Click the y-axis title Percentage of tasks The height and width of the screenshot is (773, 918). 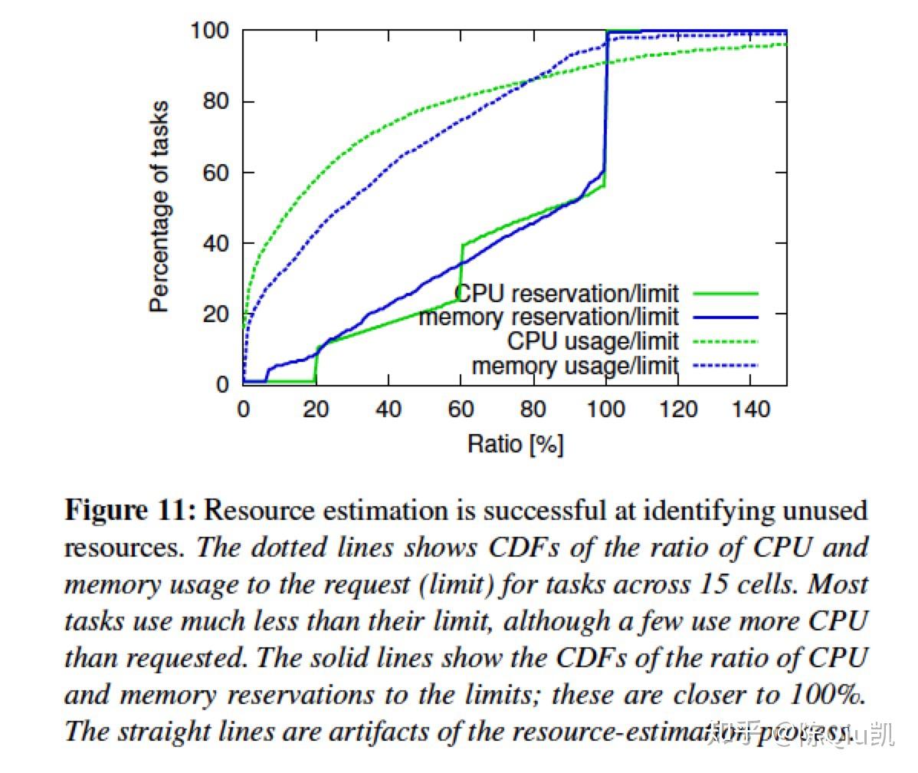tap(159, 207)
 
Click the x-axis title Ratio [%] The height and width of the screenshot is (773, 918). tap(515, 443)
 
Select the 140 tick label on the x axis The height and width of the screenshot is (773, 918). tap(751, 409)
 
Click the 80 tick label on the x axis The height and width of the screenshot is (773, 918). tap(533, 409)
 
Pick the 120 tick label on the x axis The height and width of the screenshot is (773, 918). tap(678, 409)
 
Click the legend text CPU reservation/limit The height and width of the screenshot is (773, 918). tap(567, 293)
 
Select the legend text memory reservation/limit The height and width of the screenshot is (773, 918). tap(549, 316)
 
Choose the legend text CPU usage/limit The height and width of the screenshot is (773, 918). tap(592, 340)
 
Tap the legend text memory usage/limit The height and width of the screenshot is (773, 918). tap(575, 365)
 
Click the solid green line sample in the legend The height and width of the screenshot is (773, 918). tap(725, 293)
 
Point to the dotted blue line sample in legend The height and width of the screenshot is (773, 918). tap(725, 365)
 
